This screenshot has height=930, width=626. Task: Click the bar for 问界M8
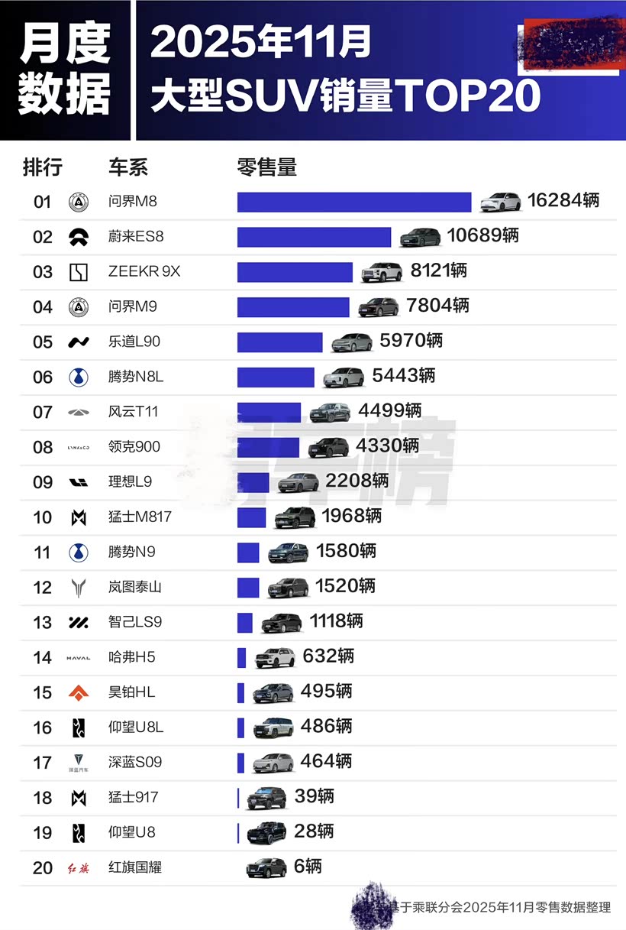pyautogui.click(x=354, y=202)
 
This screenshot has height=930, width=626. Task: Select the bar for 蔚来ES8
pyautogui.click(x=314, y=237)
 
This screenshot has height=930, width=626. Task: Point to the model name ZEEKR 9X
pyautogui.click(x=144, y=272)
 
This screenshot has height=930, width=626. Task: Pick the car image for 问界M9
pyautogui.click(x=378, y=307)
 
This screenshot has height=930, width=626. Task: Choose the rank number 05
pyautogui.click(x=43, y=342)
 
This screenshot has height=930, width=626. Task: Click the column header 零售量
pyautogui.click(x=266, y=166)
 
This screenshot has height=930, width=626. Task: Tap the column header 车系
pyautogui.click(x=128, y=167)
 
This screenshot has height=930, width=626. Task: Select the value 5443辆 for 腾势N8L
pyautogui.click(x=404, y=376)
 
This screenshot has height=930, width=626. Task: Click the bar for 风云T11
pyautogui.click(x=269, y=412)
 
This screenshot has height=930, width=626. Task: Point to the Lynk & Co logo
pyautogui.click(x=79, y=447)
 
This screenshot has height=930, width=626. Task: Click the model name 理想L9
pyautogui.click(x=131, y=482)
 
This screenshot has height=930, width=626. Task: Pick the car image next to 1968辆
pyautogui.click(x=295, y=517)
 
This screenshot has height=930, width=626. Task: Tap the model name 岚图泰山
pyautogui.click(x=135, y=587)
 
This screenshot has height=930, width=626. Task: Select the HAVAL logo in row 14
pyautogui.click(x=79, y=657)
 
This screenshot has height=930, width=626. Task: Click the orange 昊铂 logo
pyautogui.click(x=79, y=692)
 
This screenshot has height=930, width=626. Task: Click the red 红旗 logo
pyautogui.click(x=79, y=867)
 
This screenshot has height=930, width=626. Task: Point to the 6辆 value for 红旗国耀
pyautogui.click(x=308, y=867)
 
